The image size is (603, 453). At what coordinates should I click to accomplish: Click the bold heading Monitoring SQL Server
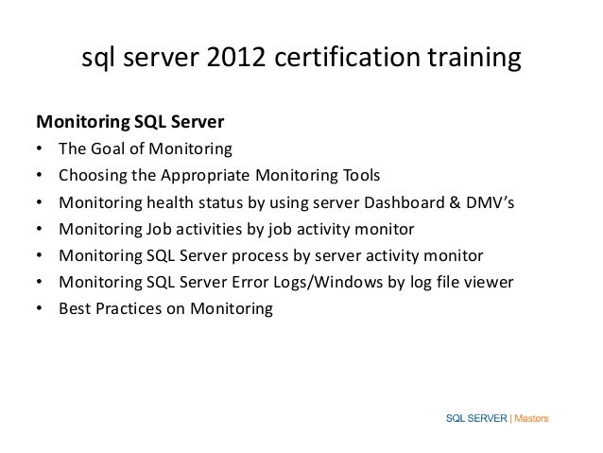tap(129, 123)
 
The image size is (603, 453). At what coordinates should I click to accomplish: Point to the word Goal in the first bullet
tap(108, 149)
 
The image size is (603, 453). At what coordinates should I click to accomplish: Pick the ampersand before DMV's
tap(450, 202)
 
